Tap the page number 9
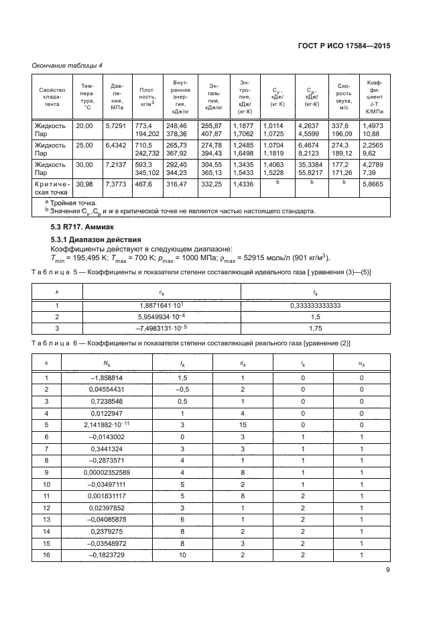coord(388,570)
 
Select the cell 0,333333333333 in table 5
coord(315,306)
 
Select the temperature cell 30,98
coord(84,183)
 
